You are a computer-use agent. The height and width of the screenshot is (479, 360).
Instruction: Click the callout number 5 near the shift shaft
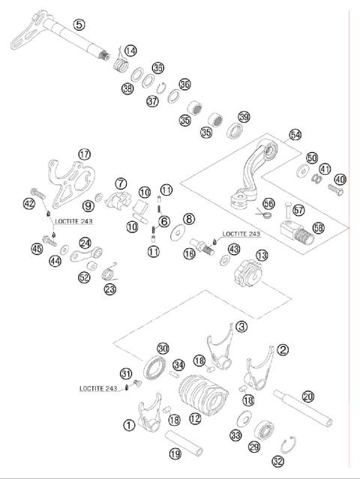pos(79,24)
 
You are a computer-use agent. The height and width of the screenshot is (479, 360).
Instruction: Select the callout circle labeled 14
pos(130,50)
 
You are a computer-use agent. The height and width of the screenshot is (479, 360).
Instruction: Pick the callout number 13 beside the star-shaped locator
pos(261,256)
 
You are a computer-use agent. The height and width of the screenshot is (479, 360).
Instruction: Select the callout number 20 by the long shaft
pos(307,397)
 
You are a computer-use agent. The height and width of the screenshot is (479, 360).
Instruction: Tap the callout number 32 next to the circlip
pos(278,462)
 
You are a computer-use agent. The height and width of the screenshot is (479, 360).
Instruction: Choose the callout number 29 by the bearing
pos(254,447)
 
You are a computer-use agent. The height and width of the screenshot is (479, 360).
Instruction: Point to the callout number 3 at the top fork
pos(241,326)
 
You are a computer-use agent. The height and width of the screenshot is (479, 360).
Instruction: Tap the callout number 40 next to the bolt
pos(340,179)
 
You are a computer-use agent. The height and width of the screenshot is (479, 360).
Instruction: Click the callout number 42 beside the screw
pos(29,202)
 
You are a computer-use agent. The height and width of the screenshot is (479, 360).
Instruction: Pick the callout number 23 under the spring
pos(110,289)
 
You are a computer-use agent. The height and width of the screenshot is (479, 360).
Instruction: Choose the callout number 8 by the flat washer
pos(189,219)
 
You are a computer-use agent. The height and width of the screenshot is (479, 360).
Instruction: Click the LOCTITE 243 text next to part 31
pos(97,388)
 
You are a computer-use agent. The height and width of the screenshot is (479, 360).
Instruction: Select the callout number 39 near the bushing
pos(244,117)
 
